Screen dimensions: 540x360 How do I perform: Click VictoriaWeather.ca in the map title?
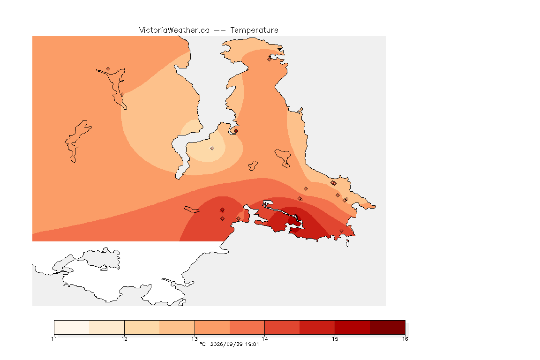174,30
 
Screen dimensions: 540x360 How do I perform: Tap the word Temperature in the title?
254,30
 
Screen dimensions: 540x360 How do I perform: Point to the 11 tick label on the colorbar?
54,339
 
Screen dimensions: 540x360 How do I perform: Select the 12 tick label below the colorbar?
124,339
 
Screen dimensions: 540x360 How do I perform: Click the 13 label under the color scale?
195,339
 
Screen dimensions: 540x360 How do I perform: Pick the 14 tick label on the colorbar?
264,339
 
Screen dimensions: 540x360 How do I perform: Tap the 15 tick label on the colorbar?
335,339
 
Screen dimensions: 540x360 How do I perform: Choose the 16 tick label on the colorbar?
405,339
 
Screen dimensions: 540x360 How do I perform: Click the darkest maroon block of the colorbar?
388,327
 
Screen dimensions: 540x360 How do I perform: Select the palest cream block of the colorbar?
72,327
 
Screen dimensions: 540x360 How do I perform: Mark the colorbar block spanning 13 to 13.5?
212,327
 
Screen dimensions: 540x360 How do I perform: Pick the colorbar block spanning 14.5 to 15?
317,327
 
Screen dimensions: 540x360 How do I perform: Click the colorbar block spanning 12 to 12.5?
142,327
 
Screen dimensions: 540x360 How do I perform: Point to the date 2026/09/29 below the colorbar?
226,344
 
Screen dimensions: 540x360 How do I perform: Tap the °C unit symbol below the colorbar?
202,344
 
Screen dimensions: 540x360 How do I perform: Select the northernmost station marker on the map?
270,59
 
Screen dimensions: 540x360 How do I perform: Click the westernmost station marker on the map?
108,69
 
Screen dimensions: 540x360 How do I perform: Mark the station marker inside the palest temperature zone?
212,149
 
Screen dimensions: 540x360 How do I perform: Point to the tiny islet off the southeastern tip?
347,243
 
